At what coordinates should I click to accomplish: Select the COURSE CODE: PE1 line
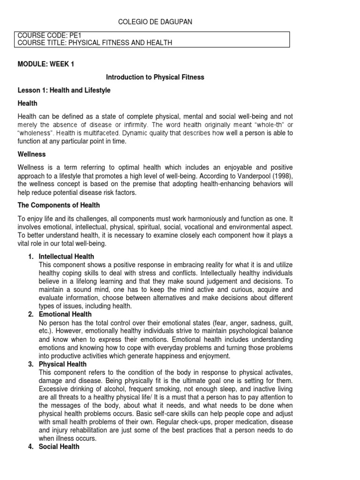point(44,35)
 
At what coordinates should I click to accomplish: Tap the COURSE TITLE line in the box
point(95,43)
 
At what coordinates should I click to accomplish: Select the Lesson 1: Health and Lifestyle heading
point(64,90)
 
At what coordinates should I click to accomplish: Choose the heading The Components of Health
point(59,205)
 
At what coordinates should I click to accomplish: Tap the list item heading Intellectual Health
point(67,256)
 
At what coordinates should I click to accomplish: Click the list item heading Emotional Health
point(66,314)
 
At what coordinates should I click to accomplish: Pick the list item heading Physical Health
point(63,364)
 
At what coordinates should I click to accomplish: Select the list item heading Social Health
point(59,447)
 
